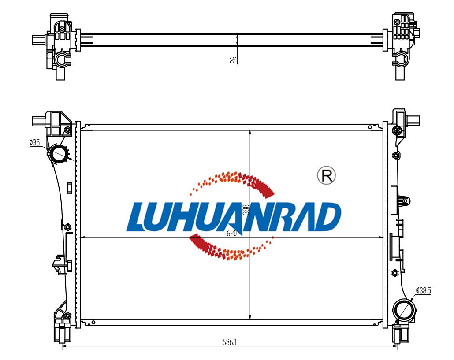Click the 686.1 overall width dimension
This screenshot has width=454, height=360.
[229, 342]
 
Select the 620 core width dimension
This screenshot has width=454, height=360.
[232, 233]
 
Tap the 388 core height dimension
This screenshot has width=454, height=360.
[246, 209]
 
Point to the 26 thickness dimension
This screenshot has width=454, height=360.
[233, 60]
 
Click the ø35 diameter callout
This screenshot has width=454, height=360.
[34, 142]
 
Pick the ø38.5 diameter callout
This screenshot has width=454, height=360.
[423, 290]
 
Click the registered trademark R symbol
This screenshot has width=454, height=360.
[326, 175]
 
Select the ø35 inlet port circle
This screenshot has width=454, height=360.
[59, 153]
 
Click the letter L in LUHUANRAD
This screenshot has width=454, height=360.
[137, 217]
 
